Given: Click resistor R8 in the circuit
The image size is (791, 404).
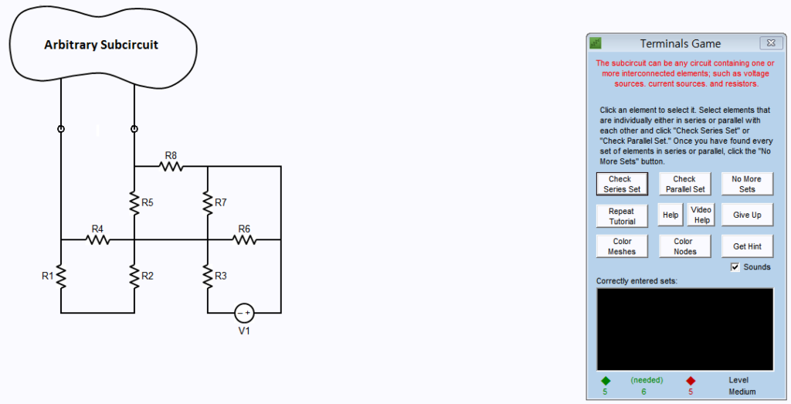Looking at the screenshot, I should tap(171, 166).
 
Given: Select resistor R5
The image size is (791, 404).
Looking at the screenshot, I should tap(134, 202).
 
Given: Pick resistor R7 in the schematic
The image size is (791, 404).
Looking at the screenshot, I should tap(207, 202).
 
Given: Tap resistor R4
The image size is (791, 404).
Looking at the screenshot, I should tap(97, 239).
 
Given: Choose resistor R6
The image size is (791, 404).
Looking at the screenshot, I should tap(244, 239).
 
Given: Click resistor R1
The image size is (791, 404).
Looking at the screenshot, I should tap(61, 276).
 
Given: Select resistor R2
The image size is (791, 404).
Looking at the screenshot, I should tap(134, 276).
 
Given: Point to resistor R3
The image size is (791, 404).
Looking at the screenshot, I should tap(207, 276).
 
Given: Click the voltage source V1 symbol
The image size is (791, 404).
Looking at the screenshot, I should tap(244, 312).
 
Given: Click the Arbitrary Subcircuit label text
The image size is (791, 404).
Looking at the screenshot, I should tap(100, 45).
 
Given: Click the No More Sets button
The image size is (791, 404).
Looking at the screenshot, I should tap(746, 184).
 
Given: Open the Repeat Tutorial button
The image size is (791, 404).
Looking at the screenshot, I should tap(621, 216).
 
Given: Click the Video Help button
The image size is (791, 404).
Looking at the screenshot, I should tap(701, 215).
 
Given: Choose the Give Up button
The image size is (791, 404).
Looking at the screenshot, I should tap(746, 216).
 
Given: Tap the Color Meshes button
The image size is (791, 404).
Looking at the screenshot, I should tap(621, 246).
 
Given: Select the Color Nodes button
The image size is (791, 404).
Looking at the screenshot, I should tap(684, 246).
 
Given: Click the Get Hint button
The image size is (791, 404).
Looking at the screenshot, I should tap(746, 246).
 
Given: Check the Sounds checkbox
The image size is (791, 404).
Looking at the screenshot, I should tap(735, 267).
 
